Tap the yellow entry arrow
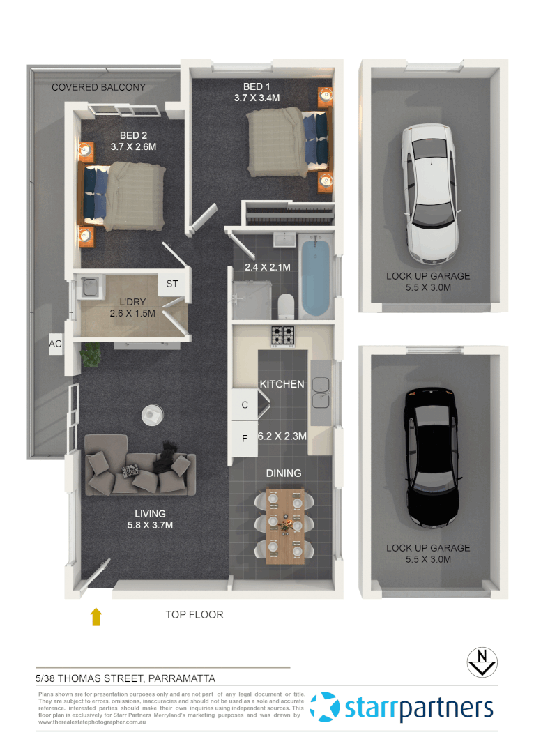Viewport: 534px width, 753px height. click(x=96, y=616)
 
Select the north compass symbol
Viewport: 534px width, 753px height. click(x=481, y=662)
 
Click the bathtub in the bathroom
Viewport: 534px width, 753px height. click(x=315, y=276)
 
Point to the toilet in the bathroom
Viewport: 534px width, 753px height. click(x=286, y=305)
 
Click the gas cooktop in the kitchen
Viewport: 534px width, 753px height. click(x=282, y=335)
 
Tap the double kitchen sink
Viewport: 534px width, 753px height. click(x=321, y=392)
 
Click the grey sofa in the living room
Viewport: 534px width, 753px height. click(x=140, y=473)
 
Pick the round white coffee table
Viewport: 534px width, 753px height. click(x=151, y=415)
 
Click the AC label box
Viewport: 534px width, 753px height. click(x=55, y=344)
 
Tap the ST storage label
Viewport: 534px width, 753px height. click(x=171, y=284)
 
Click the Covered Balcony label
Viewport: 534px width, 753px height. click(x=98, y=87)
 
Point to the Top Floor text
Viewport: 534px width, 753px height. click(x=194, y=615)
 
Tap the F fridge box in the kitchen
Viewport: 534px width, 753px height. click(x=244, y=439)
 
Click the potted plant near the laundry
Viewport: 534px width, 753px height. click(x=90, y=354)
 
